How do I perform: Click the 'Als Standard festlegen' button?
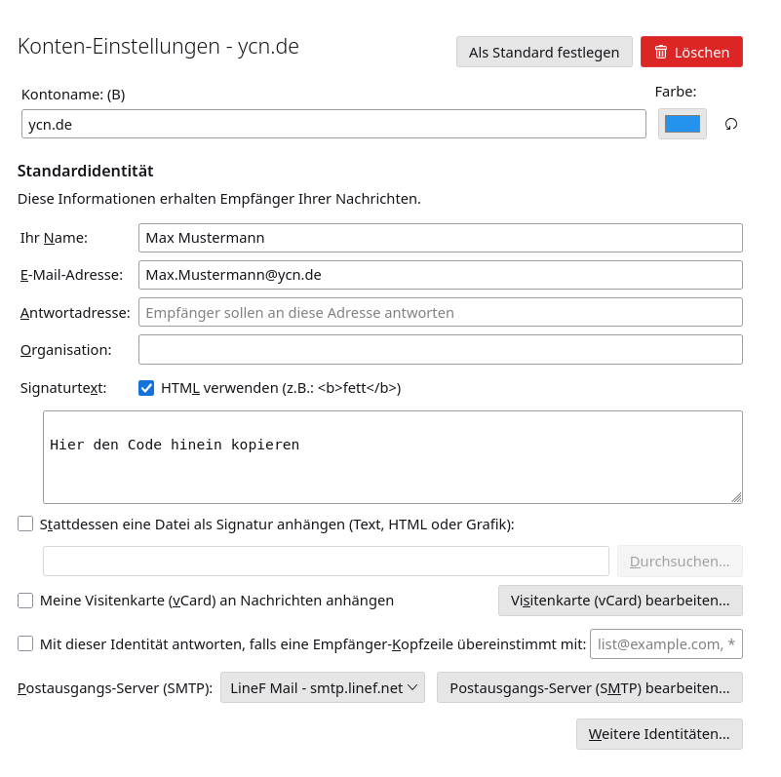coord(544,52)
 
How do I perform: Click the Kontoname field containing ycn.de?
coord(333,124)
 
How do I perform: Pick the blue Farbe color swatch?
coord(683,124)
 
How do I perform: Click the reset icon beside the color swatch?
coord(731,124)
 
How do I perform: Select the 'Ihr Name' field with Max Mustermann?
coord(440,238)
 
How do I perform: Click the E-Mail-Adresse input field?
coord(440,275)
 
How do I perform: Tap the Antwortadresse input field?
coord(440,312)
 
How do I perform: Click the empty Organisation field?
coord(440,349)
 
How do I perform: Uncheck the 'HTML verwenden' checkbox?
coord(146,388)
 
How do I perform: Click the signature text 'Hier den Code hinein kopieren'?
coord(175,445)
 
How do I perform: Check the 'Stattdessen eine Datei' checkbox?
coord(25,524)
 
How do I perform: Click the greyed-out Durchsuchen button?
coord(680,561)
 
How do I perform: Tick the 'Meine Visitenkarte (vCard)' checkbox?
coord(25,601)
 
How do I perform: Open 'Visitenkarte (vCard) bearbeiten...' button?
coord(620,601)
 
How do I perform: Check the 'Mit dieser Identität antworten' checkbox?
coord(25,643)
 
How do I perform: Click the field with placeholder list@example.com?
coord(666,643)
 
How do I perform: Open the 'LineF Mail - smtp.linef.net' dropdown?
coord(323,687)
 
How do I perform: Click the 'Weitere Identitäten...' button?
coord(659,734)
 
